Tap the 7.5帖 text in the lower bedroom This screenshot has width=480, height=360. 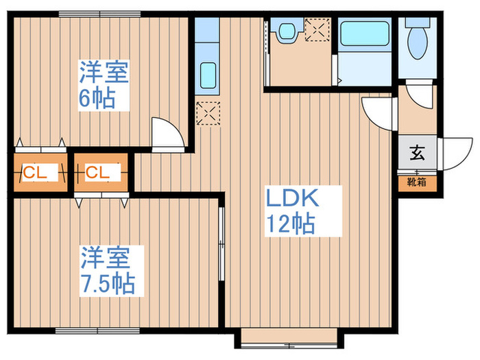(x=106, y=282)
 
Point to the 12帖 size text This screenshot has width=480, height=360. (x=291, y=224)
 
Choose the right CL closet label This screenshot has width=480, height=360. (x=97, y=173)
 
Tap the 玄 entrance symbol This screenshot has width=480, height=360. (x=417, y=153)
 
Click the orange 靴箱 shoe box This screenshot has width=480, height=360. (x=417, y=182)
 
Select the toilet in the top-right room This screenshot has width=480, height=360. (x=416, y=41)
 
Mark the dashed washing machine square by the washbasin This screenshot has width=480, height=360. (x=317, y=32)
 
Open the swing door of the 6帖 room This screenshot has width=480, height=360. (x=167, y=133)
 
